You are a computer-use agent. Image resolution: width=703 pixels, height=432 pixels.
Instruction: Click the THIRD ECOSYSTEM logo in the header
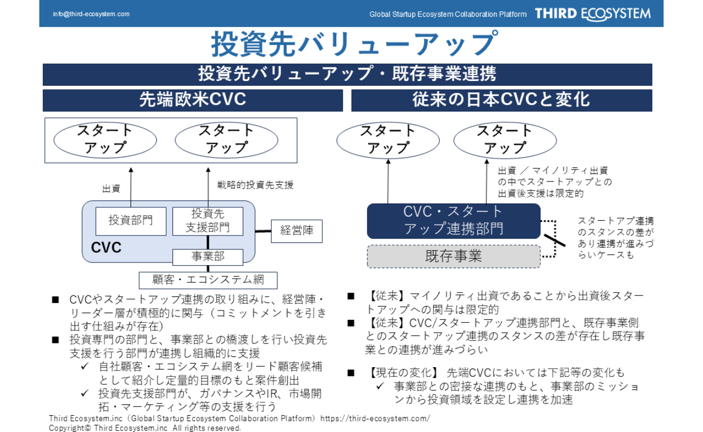pos(593,14)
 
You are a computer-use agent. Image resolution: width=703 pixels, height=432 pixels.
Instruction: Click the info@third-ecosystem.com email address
pos(91,14)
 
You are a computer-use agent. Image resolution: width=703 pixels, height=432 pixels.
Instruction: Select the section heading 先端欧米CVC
pos(193,100)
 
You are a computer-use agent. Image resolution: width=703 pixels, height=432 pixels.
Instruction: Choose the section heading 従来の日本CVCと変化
pos(501,100)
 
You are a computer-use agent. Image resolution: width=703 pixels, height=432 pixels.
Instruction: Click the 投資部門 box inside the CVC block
pos(130,220)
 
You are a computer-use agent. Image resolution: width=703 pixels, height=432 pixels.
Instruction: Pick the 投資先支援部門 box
pos(208,221)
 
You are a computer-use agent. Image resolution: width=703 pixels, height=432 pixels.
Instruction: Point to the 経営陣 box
pos(296,231)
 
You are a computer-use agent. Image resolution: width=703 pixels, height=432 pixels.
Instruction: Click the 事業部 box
pos(208,256)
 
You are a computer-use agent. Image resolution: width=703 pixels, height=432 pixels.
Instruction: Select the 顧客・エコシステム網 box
pos(208,280)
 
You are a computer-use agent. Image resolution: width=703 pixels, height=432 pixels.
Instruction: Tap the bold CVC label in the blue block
pos(106,248)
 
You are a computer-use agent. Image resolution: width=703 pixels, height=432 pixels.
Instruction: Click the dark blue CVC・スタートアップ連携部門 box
pos(453,220)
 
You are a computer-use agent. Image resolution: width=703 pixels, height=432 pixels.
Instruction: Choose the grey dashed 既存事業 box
pos(453,256)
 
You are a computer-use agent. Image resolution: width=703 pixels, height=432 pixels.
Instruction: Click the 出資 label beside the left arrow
pos(111,189)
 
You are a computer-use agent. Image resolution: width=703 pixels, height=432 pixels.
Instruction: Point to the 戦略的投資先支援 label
pos(255,185)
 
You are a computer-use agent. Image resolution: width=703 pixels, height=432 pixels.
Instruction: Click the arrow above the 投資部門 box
pos(130,186)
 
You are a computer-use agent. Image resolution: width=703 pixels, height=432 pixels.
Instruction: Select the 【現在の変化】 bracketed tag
pos(403,373)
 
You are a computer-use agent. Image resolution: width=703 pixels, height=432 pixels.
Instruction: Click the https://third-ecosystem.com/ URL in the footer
pos(375,418)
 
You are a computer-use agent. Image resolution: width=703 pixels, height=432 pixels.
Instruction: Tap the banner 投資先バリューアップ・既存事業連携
pos(347,74)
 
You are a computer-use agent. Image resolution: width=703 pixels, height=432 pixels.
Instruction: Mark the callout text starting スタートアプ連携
pos(615,238)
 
